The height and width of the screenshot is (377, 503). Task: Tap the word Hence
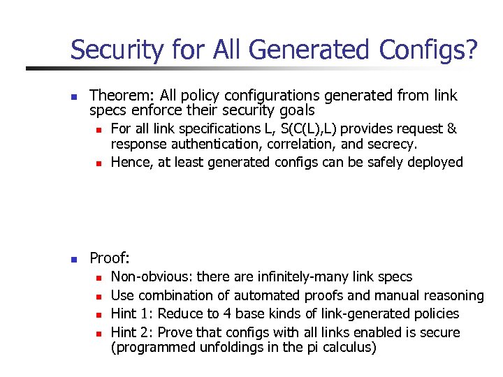pos(130,162)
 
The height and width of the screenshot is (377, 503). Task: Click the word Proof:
pos(110,258)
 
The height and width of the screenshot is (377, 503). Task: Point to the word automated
pos(268,295)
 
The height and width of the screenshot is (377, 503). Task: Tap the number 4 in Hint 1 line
pos(223,314)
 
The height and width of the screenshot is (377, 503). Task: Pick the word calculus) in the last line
pos(351,347)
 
